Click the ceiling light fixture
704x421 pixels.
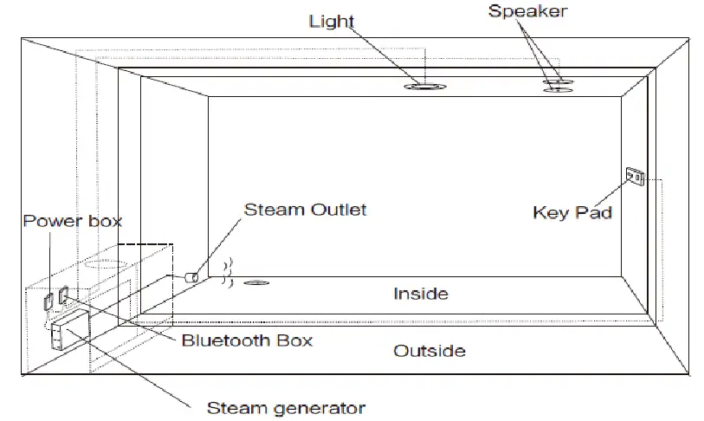pyautogui.click(x=424, y=87)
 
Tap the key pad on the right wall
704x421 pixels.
pyautogui.click(x=634, y=178)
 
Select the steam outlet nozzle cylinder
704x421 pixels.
pyautogui.click(x=192, y=277)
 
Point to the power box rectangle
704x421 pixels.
pyautogui.click(x=48, y=300)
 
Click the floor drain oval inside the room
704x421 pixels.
pyautogui.click(x=255, y=282)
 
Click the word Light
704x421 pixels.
pyautogui.click(x=332, y=22)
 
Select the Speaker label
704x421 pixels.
pyautogui.click(x=526, y=11)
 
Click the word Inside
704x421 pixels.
pyautogui.click(x=421, y=294)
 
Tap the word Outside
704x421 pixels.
pyautogui.click(x=430, y=351)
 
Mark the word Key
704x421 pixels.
pyautogui.click(x=552, y=212)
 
